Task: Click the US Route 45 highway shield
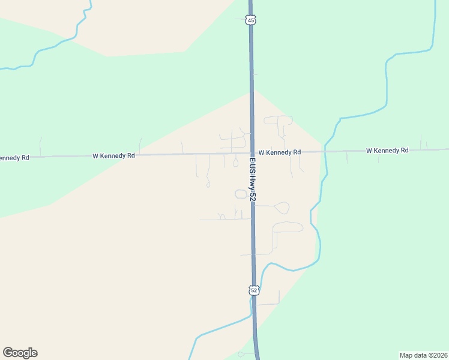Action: pyautogui.click(x=251, y=20)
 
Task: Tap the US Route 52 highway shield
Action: pyautogui.click(x=253, y=290)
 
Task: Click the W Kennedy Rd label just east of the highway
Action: pyautogui.click(x=279, y=152)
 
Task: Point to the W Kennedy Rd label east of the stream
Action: pyautogui.click(x=387, y=150)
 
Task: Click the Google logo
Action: pyautogui.click(x=20, y=353)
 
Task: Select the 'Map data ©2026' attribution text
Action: pyautogui.click(x=424, y=355)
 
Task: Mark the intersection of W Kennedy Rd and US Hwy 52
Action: pyautogui.click(x=252, y=152)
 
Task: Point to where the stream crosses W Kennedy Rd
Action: pyautogui.click(x=325, y=151)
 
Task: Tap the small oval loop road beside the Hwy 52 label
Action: pyautogui.click(x=241, y=194)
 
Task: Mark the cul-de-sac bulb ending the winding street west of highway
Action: pyautogui.click(x=208, y=185)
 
